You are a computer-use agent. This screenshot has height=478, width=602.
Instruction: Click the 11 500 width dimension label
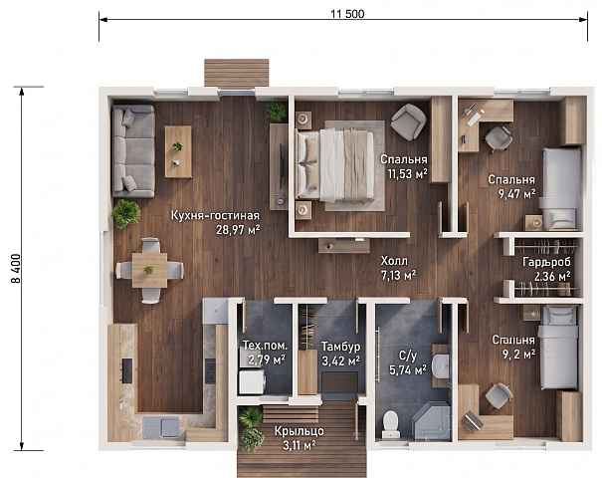point(347,14)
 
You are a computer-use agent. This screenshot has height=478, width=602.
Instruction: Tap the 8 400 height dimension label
point(17,269)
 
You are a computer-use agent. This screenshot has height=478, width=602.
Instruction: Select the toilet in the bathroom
point(391,424)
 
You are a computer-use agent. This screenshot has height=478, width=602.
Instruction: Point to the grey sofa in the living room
point(133,151)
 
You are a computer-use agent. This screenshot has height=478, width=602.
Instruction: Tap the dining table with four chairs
point(149,270)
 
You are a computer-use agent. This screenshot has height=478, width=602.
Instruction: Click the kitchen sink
point(161,427)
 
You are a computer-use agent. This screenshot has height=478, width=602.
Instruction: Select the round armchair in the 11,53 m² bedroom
point(408,121)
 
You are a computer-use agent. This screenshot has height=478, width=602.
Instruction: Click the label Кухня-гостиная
point(215,215)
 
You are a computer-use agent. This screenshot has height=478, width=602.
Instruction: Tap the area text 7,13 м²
point(399,276)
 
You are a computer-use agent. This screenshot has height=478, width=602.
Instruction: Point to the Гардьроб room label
point(546,262)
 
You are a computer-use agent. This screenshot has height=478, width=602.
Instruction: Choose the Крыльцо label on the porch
point(300,431)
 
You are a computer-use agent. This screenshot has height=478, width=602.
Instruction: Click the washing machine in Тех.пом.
point(252,382)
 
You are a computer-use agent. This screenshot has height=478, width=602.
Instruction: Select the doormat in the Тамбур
point(339,382)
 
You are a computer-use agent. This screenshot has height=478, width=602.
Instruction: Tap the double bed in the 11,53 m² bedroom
point(334,165)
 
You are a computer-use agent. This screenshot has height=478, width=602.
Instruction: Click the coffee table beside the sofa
point(178,151)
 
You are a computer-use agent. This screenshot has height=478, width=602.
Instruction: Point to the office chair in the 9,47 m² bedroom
point(499,139)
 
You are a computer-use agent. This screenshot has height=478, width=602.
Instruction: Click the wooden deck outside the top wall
point(237,73)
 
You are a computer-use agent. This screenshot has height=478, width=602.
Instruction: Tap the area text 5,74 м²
point(408,370)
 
